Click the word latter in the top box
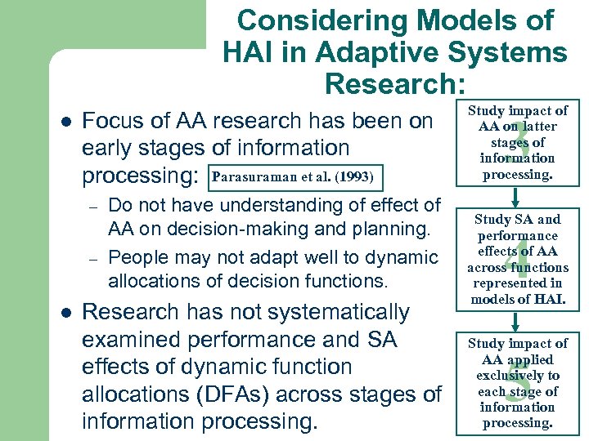pyautogui.click(x=540, y=127)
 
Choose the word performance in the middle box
pyautogui.click(x=517, y=235)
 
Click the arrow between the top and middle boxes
pyautogui.click(x=517, y=196)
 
